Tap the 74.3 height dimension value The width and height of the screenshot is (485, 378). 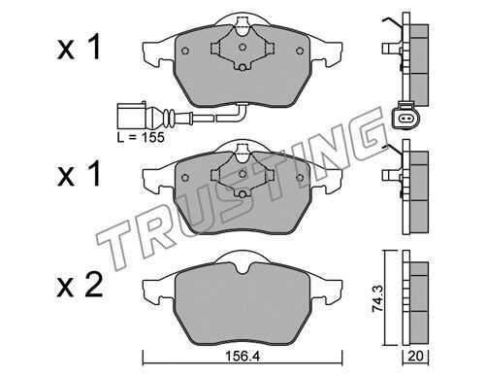coord(377,298)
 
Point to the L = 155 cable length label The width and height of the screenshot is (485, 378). coord(141,137)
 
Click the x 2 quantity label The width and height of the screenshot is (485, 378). coord(80,285)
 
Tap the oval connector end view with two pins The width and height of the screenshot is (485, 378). coord(404,119)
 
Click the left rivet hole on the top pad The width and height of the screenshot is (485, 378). coord(185,51)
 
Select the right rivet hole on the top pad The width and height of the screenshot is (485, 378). coord(300,51)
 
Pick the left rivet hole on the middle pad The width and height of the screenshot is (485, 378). coord(185,178)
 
